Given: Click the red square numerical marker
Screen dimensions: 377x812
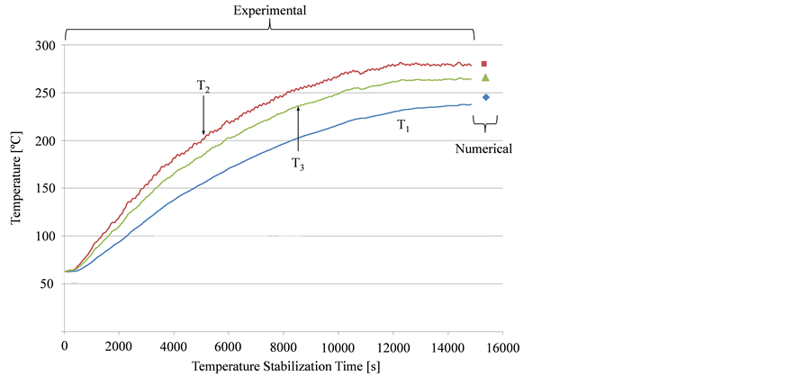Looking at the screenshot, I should [484, 64].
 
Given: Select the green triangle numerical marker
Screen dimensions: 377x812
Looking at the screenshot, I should [485, 77].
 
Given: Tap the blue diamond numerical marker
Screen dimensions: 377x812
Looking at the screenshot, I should [486, 97].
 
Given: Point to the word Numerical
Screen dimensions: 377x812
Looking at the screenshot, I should [484, 149].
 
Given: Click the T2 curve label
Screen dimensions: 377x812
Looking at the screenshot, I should [203, 86].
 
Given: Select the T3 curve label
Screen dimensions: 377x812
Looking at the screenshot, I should [297, 163].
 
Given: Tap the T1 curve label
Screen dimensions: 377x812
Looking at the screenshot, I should [403, 127].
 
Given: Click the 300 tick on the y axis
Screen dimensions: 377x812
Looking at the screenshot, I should [46, 45].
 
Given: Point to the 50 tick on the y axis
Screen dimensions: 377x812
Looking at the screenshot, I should [50, 283].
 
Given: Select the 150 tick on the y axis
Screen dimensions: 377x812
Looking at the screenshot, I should [46, 188].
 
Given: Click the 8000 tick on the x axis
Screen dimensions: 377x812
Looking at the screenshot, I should [284, 346].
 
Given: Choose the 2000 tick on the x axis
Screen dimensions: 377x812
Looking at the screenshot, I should [119, 346].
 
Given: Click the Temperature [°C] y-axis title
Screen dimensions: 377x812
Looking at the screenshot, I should [17, 188].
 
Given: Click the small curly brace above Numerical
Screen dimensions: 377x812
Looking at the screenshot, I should [486, 123].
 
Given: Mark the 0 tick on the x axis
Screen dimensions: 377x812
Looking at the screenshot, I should [64, 346].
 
